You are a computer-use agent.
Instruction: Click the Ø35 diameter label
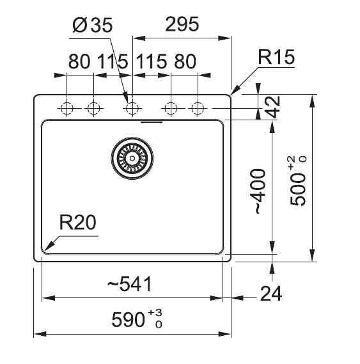coord(92,25)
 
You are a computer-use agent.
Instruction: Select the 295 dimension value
coord(182,25)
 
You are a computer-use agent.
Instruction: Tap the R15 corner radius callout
coord(276,58)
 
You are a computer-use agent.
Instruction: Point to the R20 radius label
coord(77,223)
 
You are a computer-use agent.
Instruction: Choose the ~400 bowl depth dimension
coord(259,191)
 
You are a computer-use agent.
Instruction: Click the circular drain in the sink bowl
coord(133,157)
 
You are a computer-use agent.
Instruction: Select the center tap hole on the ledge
coord(132,108)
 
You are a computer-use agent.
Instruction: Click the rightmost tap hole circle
coord(199,108)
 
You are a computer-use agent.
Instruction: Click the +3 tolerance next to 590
coord(155,312)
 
